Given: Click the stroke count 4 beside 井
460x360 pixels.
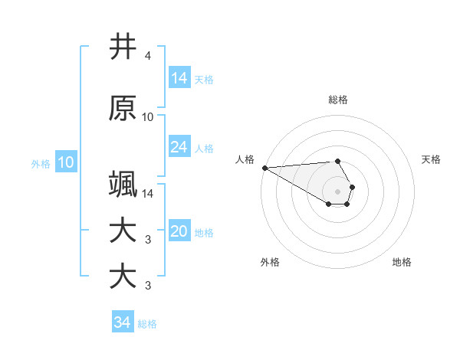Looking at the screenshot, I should pyautogui.click(x=148, y=56).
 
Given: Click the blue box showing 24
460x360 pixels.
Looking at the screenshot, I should pyautogui.click(x=179, y=147).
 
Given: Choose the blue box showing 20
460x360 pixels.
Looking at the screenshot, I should pyautogui.click(x=179, y=231).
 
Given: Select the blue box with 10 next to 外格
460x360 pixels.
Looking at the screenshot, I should pyautogui.click(x=66, y=162).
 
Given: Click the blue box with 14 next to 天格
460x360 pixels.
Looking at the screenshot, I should pyautogui.click(x=179, y=78).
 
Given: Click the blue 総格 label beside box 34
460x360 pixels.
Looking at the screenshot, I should pyautogui.click(x=147, y=324).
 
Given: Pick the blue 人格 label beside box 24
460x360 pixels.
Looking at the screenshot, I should pyautogui.click(x=204, y=148).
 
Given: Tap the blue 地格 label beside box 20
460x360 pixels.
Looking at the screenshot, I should pyautogui.click(x=204, y=232).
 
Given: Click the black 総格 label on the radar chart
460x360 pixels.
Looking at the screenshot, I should pyautogui.click(x=338, y=100).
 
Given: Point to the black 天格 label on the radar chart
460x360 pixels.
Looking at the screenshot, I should pyautogui.click(x=432, y=159).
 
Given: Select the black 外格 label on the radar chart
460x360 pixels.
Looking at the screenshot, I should pyautogui.click(x=270, y=262).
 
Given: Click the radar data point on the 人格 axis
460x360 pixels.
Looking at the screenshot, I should pyautogui.click(x=264, y=168).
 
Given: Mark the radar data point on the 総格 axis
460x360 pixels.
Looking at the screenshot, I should pyautogui.click(x=338, y=161).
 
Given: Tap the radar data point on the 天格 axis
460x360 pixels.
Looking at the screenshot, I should pyautogui.click(x=352, y=187).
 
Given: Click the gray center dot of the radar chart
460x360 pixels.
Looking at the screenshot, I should pyautogui.click(x=338, y=191).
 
